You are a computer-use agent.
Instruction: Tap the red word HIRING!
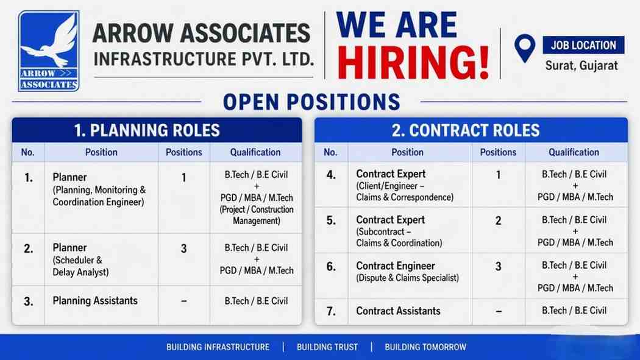click(413, 62)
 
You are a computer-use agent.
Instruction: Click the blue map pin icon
click(524, 48)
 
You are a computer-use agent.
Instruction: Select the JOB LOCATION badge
click(583, 45)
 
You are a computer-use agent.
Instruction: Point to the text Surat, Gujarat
click(581, 65)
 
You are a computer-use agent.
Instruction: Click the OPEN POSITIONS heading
click(311, 102)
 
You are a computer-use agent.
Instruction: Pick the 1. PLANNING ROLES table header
click(147, 130)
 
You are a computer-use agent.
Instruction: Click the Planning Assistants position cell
click(95, 301)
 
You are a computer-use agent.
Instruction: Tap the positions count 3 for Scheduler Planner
click(184, 249)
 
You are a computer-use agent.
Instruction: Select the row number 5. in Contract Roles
click(331, 221)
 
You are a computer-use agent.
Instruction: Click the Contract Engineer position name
click(396, 266)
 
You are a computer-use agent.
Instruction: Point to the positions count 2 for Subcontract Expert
click(498, 221)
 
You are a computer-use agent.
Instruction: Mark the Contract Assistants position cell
click(398, 311)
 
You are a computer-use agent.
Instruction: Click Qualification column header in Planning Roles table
click(255, 152)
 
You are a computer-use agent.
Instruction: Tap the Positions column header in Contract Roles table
click(498, 152)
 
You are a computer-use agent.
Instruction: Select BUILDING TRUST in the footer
click(327, 347)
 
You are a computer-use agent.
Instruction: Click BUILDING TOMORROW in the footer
click(425, 347)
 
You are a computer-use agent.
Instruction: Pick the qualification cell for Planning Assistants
click(256, 301)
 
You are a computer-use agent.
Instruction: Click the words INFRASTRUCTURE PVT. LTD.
click(204, 60)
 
